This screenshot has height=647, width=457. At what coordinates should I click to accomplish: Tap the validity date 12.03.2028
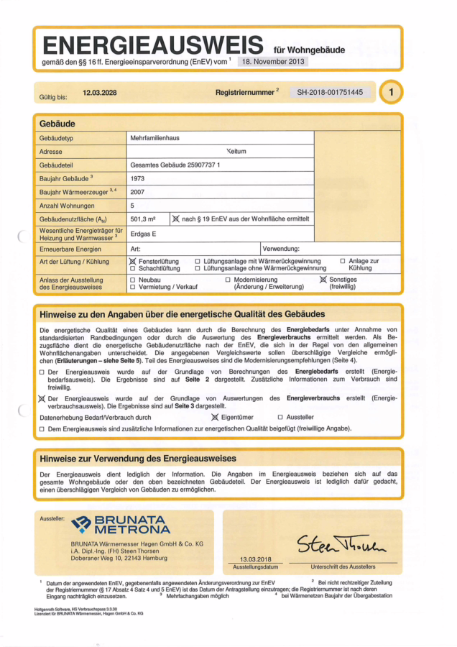coord(100,93)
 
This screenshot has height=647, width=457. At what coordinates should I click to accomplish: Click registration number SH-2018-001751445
coord(331,93)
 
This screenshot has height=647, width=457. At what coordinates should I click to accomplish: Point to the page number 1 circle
coord(390,93)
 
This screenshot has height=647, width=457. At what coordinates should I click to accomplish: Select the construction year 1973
coord(138,178)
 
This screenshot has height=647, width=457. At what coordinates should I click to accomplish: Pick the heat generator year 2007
coord(138,192)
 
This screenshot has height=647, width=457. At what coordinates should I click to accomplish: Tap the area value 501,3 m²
coord(144,219)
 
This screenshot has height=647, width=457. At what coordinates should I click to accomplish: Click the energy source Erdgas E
coord(144,234)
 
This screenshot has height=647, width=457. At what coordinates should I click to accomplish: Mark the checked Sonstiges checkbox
coord(323,279)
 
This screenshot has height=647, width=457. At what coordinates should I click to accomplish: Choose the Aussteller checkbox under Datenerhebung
coord(280,417)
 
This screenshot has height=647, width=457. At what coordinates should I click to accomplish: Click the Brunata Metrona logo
coord(119,524)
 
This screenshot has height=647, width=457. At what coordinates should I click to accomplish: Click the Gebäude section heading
coord(57,124)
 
